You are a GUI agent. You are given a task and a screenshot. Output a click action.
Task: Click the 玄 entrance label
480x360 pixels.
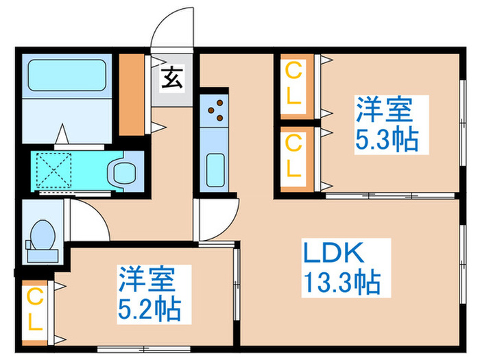(x=172, y=80)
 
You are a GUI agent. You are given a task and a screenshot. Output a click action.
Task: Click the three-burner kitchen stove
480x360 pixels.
(x=215, y=109)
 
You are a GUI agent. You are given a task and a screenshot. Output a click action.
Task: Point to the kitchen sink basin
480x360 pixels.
(x=215, y=166)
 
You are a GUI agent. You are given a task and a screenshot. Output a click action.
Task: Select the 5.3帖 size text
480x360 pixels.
(x=387, y=140)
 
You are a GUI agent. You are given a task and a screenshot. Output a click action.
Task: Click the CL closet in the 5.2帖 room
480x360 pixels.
(x=35, y=311)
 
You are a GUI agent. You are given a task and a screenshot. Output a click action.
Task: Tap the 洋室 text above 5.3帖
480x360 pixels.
(x=383, y=110)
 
